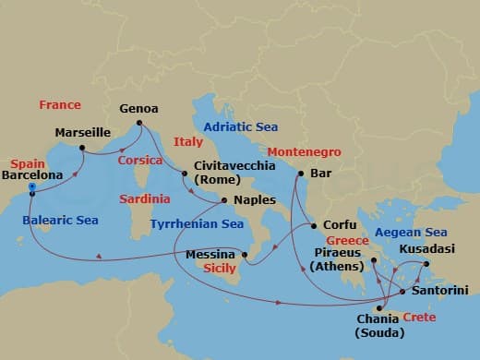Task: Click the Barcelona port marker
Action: [32, 187]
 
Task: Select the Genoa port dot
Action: [138, 123]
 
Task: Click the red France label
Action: [60, 105]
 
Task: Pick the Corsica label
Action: [141, 160]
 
